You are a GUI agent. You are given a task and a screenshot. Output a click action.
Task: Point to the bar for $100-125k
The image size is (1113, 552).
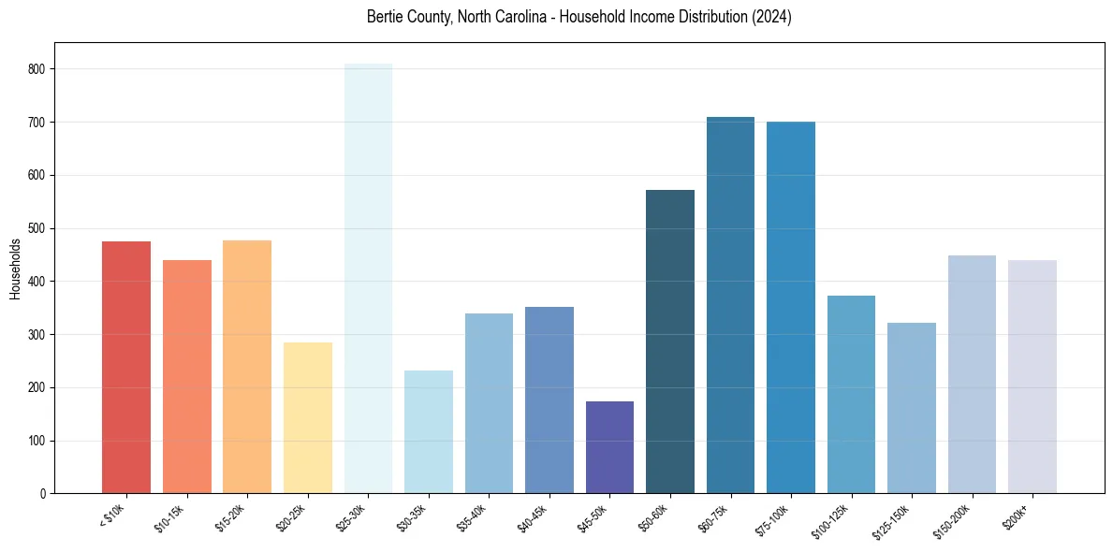pos(851,394)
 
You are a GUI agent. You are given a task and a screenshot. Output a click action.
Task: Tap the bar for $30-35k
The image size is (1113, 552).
pos(429,431)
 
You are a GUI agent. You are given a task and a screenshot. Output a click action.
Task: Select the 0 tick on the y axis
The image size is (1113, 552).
pos(44,493)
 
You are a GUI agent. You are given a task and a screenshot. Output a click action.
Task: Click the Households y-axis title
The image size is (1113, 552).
pos(15,268)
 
